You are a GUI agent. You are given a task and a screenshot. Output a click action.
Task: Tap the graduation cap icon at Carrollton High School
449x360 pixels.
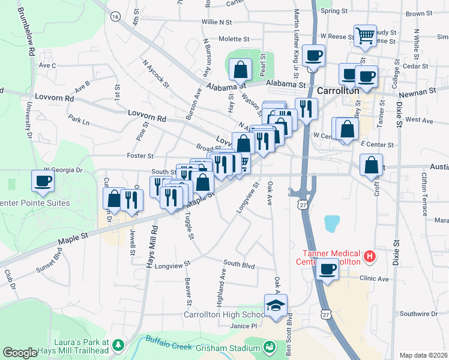(276, 305)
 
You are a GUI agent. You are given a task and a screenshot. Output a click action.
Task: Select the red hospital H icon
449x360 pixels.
(370, 257)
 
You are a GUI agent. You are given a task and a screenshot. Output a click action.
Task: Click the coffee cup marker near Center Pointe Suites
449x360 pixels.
(43, 181)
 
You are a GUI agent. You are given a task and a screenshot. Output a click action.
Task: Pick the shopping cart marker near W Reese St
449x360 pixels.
(365, 36)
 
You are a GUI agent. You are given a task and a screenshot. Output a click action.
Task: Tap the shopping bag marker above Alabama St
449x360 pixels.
(241, 70)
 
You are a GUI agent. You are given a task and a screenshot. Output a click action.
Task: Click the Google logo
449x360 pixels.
(20, 353)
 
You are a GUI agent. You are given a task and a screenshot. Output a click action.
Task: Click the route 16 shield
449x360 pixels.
(115, 16)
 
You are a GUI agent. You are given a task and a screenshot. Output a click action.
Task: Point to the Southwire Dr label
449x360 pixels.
(419, 314)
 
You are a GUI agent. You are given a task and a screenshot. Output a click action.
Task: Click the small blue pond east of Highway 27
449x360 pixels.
(332, 224)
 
